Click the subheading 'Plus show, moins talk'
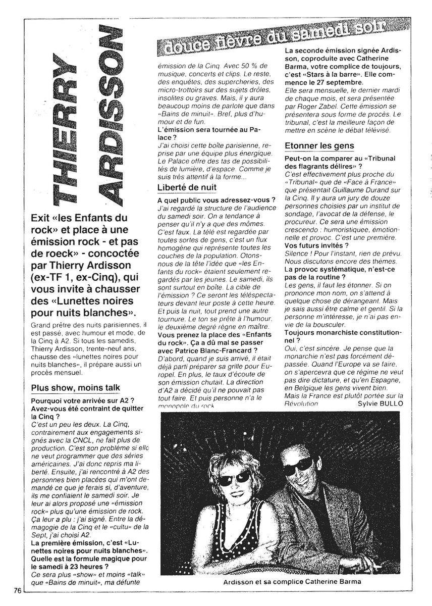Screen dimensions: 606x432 (75, 387)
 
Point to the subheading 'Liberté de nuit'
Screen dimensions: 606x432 (187, 187)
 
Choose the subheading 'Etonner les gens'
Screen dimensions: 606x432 (319, 146)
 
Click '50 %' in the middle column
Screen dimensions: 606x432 (249, 65)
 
